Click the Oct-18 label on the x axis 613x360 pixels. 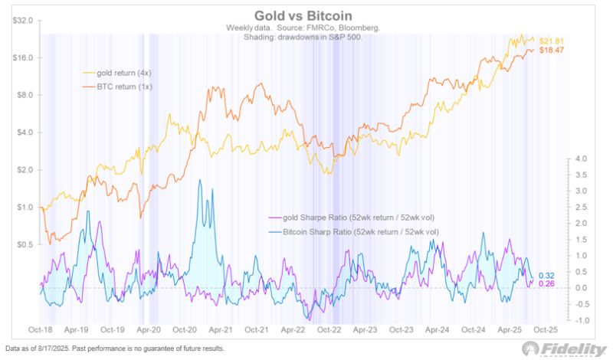coord(40,330)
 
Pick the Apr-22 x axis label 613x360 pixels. coord(295,330)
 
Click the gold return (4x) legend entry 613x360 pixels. coord(123,73)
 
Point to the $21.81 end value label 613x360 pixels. coord(552,40)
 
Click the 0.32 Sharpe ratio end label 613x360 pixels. coord(546,276)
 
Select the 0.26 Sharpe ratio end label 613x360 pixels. coord(546,284)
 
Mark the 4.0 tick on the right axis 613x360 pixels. coord(580,159)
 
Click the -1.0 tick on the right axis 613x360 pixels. coord(579,320)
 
